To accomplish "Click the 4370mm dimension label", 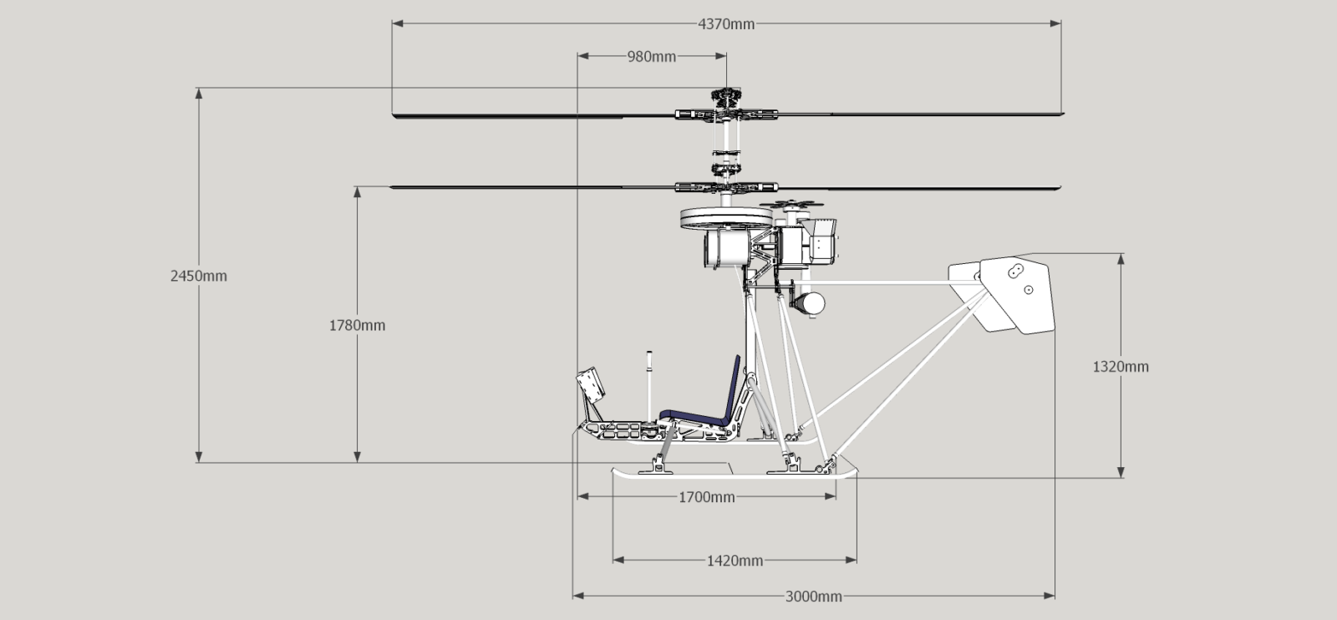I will pyautogui.click(x=726, y=23).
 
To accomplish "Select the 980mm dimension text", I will pyautogui.click(x=651, y=57).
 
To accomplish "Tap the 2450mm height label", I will pyautogui.click(x=199, y=276).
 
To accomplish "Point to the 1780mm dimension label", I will pyautogui.click(x=357, y=325).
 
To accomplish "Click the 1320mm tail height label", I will pyautogui.click(x=1121, y=366).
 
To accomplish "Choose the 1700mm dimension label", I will pyautogui.click(x=706, y=497).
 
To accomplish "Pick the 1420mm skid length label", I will pyautogui.click(x=735, y=561).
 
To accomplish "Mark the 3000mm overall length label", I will pyautogui.click(x=813, y=597).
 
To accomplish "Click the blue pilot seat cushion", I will pyautogui.click(x=694, y=414).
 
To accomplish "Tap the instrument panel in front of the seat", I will pyautogui.click(x=592, y=387).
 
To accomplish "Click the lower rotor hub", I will pyautogui.click(x=725, y=185).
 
